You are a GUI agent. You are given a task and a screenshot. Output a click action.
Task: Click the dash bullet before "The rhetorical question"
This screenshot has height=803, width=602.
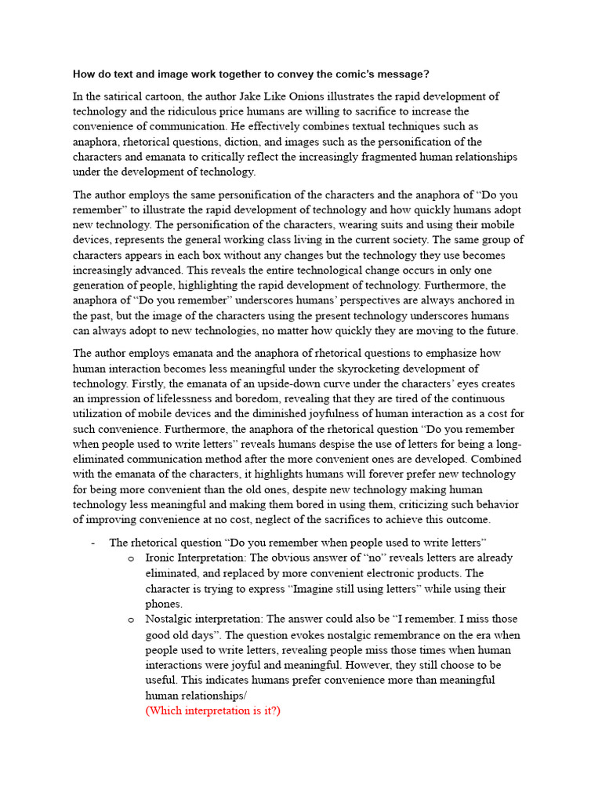93,543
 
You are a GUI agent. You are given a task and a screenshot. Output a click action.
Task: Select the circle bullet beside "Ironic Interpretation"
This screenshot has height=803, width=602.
130,558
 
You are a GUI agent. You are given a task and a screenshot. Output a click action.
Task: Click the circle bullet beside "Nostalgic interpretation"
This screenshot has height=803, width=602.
130,620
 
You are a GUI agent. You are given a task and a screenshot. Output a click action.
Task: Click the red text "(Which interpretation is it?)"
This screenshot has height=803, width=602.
212,710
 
